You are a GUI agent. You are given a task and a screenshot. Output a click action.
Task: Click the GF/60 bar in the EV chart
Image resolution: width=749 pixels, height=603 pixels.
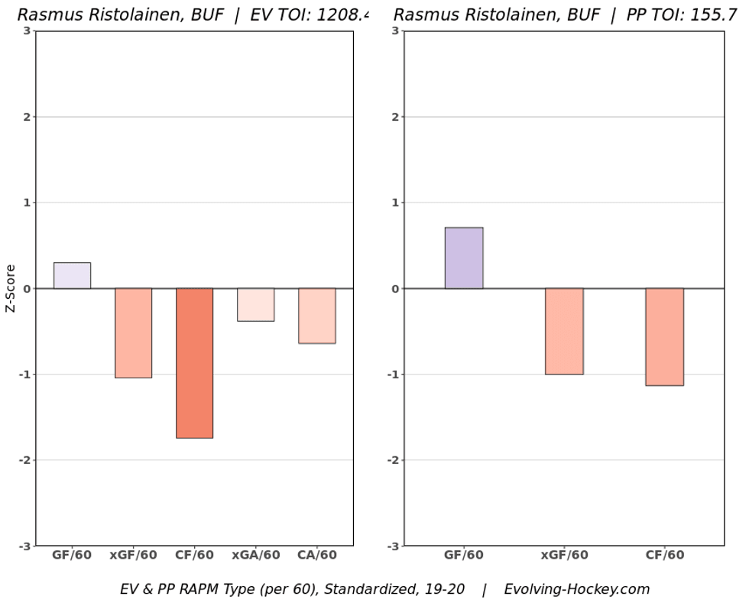[72, 276]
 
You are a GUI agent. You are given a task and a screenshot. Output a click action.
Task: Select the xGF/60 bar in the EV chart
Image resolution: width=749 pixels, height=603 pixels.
[133, 333]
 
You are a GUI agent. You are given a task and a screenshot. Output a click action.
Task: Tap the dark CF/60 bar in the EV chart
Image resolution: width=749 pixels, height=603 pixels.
[194, 363]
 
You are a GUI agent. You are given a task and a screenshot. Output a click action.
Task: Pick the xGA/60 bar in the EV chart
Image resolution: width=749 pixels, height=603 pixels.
[255, 305]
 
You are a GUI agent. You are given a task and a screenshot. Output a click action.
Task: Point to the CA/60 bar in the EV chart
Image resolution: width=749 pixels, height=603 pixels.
[316, 316]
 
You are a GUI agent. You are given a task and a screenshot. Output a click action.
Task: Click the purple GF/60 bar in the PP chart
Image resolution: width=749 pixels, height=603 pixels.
[464, 258]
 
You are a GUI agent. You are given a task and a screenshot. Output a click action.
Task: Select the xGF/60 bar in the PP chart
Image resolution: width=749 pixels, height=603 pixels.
[564, 331]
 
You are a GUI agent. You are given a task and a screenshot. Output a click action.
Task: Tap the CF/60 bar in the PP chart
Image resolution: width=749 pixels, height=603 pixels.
[664, 337]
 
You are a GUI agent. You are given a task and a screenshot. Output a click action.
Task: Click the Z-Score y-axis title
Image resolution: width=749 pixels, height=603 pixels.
[11, 288]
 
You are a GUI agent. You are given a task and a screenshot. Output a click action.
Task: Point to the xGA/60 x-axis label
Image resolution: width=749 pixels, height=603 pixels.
[255, 556]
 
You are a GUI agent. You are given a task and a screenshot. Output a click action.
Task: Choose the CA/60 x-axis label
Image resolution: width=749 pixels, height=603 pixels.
[316, 556]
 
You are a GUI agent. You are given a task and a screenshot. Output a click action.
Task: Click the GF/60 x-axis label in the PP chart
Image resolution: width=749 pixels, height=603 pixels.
[464, 556]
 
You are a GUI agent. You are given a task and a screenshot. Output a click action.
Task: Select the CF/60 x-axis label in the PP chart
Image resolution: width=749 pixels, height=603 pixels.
[664, 556]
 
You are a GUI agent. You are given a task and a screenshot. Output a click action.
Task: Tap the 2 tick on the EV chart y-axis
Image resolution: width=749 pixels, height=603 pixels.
[27, 117]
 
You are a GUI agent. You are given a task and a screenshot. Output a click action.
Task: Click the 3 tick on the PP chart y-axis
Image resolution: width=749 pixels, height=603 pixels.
[395, 31]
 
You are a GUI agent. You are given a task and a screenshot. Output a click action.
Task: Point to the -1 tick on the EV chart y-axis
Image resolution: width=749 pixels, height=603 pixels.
[24, 374]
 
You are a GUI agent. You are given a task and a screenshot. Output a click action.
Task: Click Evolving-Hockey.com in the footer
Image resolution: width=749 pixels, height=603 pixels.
[576, 589]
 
